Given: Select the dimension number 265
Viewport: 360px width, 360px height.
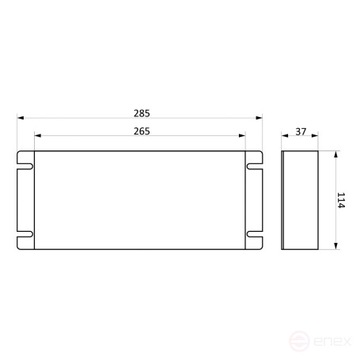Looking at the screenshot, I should point(142,131).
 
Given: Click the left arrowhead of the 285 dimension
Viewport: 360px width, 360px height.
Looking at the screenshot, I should point(21,118).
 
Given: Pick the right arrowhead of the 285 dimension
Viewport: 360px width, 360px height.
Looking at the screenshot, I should point(261,118).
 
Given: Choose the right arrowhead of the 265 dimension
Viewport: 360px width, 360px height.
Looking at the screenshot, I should point(244,136).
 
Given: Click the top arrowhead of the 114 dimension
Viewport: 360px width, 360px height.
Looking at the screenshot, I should point(335,155).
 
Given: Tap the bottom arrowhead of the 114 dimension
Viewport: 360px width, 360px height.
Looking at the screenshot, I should point(335,247).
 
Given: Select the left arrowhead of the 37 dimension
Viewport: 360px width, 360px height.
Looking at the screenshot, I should point(285,136).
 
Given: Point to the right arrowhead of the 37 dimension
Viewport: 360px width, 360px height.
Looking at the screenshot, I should point(316,136).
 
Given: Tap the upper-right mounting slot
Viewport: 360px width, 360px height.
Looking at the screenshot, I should point(256,166).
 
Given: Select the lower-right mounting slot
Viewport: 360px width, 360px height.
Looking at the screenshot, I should point(256,235).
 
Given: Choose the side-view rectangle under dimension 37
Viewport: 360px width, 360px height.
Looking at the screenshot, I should point(301,200).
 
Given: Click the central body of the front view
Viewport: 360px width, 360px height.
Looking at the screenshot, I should point(141,200).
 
